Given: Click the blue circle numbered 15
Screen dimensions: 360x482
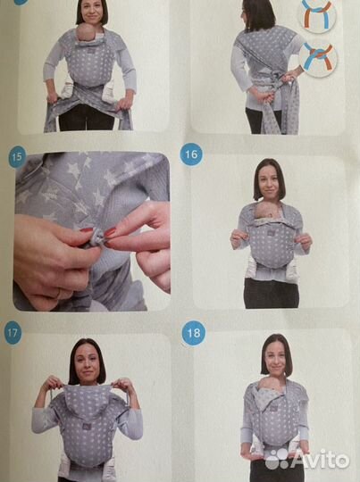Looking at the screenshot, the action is tap(17, 157).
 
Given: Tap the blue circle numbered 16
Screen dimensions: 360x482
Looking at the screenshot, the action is tap(191, 154).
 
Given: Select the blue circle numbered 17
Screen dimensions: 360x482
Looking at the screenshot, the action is tap(13, 333).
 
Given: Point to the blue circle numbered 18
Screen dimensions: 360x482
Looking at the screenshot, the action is tap(193, 333).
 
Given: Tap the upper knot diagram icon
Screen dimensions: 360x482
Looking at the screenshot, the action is tap(316, 13).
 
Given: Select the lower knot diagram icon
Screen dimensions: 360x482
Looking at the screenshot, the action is tap(318, 58).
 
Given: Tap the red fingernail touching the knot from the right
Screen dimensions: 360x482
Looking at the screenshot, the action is tap(110, 231).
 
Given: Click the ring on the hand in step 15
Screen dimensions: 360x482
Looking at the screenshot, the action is tap(57, 295).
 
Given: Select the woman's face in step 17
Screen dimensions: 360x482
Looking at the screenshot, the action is tap(87, 364).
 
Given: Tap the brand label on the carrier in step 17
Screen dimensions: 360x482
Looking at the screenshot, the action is tap(85, 427).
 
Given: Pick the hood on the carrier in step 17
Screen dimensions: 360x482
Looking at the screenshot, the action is tap(88, 399).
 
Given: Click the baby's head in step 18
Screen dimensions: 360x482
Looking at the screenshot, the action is tap(269, 385).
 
